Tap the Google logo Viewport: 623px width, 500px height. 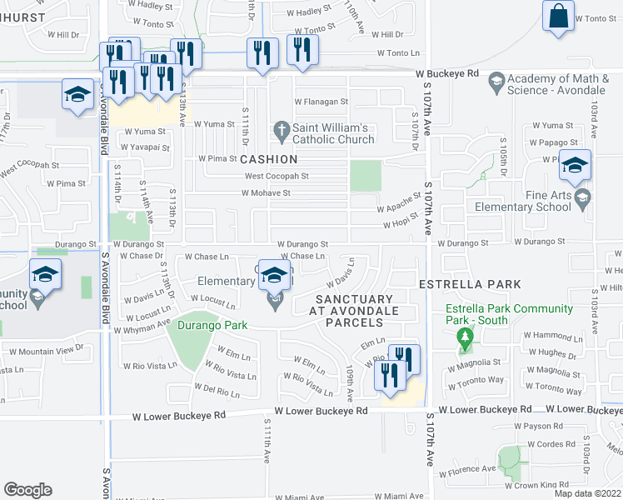(27, 489)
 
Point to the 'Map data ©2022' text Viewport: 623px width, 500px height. (588, 493)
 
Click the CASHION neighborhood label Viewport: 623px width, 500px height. (269, 158)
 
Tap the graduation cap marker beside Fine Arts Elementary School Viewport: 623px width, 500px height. (575, 165)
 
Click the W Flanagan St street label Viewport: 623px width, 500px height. (321, 102)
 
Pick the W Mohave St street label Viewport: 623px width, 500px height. (266, 192)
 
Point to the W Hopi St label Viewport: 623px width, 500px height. (399, 224)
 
